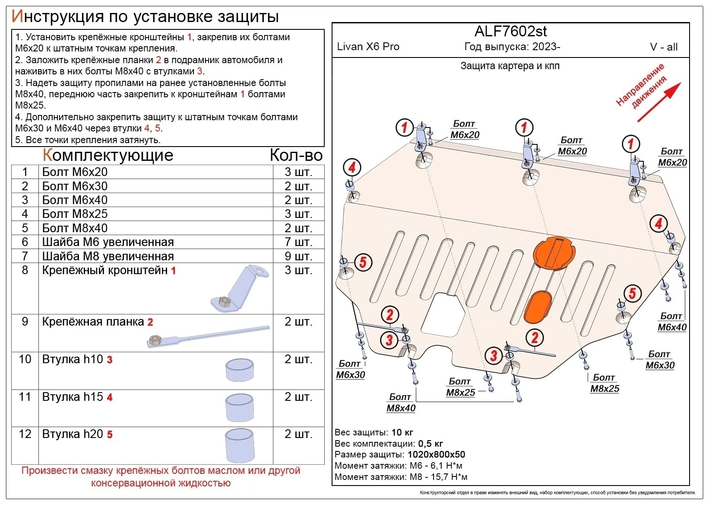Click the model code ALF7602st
tap(510, 32)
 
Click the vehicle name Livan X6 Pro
tap(368, 47)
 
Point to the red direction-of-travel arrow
tap(659, 102)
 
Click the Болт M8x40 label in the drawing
tap(401, 403)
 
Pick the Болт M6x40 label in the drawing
tap(671, 322)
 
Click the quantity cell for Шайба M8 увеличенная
tap(298, 256)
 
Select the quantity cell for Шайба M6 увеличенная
tap(298, 242)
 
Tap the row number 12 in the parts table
tap(25, 434)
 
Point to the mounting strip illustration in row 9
tap(207, 336)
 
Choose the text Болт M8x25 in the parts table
tap(75, 214)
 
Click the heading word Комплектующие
tap(108, 155)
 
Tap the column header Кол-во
tap(296, 155)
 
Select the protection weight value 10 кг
tap(402, 432)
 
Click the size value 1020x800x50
tap(435, 455)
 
